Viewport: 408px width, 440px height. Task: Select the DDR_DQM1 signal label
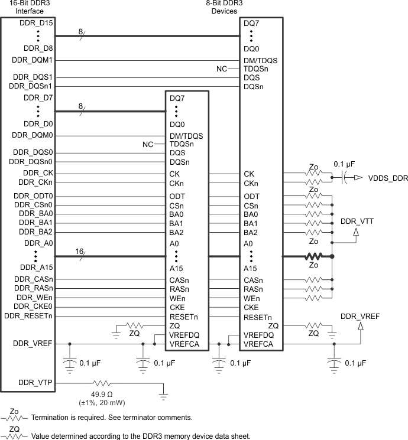[33, 60]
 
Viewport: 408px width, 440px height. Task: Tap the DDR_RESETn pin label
[28, 316]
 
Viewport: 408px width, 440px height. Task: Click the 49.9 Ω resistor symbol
[101, 384]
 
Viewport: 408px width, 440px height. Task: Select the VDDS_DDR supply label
[388, 178]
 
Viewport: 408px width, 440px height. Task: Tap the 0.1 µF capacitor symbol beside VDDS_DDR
[344, 177]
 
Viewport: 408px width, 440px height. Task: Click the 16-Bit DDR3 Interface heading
[25, 6]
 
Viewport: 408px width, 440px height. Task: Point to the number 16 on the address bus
[79, 252]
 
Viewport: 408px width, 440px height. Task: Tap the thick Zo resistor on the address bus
[313, 257]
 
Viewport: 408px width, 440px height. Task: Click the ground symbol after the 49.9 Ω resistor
[163, 393]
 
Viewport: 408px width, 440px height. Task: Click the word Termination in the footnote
[51, 418]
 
